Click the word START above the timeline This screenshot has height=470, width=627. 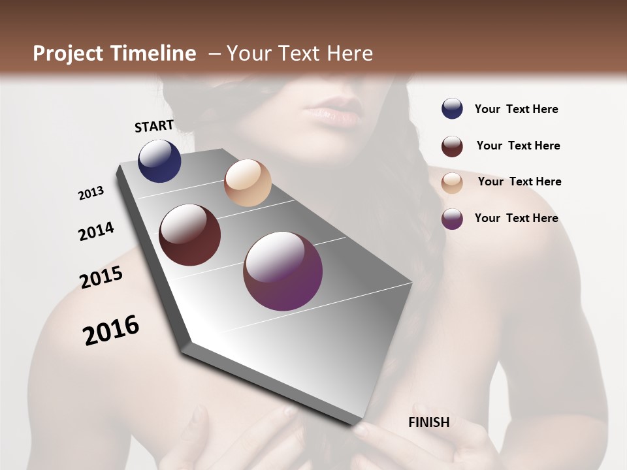coord(154,126)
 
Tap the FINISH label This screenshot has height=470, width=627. coord(428,422)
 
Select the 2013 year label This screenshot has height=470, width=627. coord(91,193)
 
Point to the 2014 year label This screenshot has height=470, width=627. coord(97,231)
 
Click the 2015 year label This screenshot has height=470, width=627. coord(101,277)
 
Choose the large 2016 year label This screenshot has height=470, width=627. coord(111,330)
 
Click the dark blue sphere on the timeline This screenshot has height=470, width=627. coord(159,161)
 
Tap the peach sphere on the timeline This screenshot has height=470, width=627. coord(248,183)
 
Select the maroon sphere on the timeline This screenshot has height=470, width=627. coord(190,235)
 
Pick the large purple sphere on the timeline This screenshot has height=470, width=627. coord(283,271)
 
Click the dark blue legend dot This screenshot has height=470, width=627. coord(452,108)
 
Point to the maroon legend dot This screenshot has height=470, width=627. coord(452,146)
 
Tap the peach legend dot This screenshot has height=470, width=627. coord(452,183)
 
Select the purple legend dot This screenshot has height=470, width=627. coord(452,219)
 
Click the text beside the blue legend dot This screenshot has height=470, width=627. coord(516,109)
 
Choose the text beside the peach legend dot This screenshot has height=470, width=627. coord(519,181)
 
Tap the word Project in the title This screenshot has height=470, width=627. coord(68,54)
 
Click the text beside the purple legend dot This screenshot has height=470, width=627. coord(516,218)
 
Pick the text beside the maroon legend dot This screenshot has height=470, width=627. coord(518,146)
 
